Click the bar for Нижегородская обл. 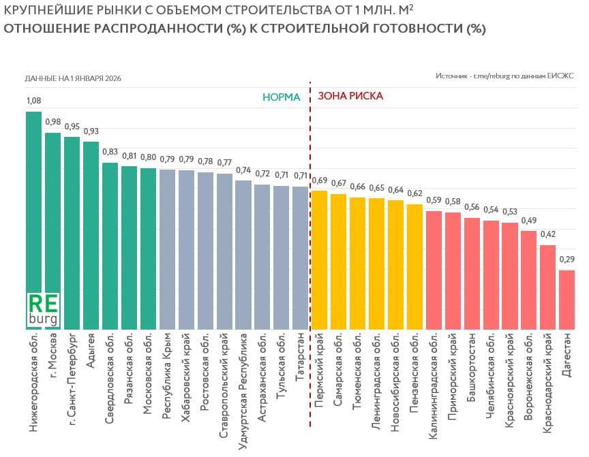point(34,204)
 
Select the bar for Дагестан point(567,300)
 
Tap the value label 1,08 point(33,101)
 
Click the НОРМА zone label point(281,97)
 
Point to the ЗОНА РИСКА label point(350,97)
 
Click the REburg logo point(44,309)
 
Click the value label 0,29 point(567,259)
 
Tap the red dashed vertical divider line point(310,272)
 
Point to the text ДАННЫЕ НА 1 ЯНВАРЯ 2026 point(73,78)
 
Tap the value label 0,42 point(547,234)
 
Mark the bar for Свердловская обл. point(110,246)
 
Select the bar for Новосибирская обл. point(395,265)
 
